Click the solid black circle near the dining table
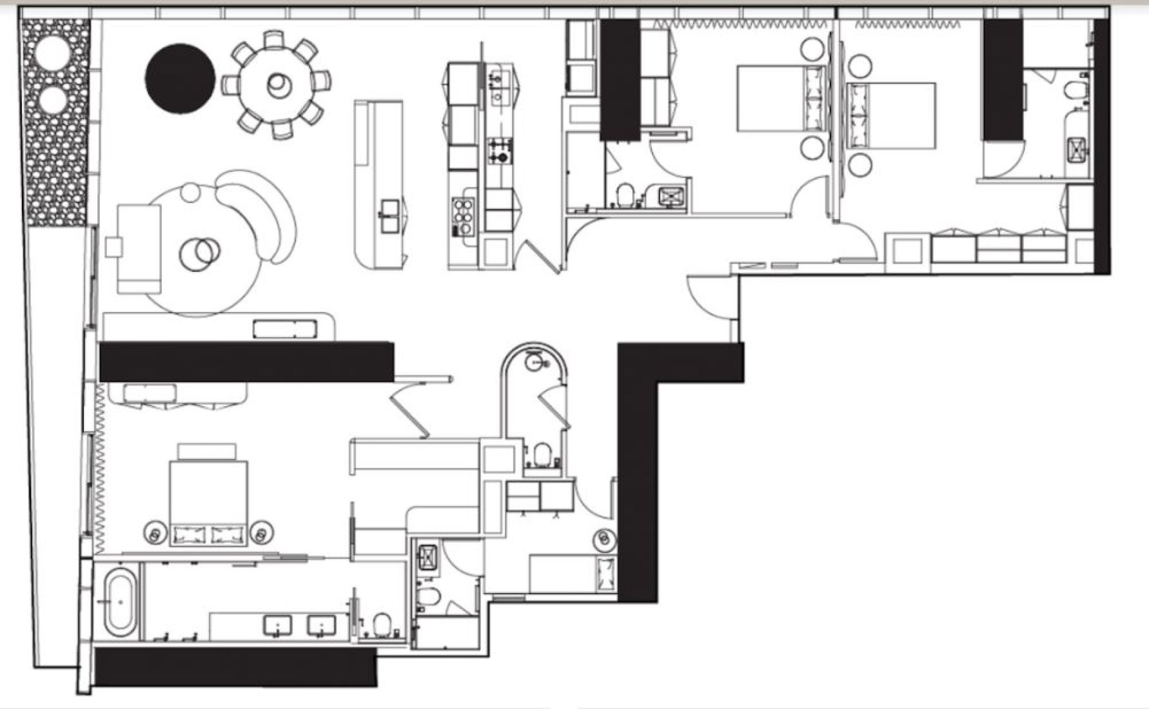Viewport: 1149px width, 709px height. pyautogui.click(x=180, y=78)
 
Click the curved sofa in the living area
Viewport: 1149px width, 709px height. pyautogui.click(x=261, y=213)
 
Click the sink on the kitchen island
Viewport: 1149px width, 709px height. pyautogui.click(x=390, y=215)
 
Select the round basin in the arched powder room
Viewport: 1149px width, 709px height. pyautogui.click(x=535, y=362)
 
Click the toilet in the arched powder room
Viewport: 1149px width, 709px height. pyautogui.click(x=542, y=453)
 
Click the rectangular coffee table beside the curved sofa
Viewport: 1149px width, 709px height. pyautogui.click(x=139, y=249)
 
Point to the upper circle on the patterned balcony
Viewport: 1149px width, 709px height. pyautogui.click(x=54, y=50)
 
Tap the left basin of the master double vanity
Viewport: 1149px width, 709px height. pyautogui.click(x=277, y=625)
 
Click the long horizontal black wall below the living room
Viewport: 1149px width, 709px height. pyautogui.click(x=246, y=362)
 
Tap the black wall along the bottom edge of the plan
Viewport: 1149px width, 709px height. pyautogui.click(x=235, y=666)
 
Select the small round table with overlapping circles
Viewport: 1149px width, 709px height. pyautogui.click(x=199, y=252)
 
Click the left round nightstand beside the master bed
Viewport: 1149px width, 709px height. pyautogui.click(x=154, y=532)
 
